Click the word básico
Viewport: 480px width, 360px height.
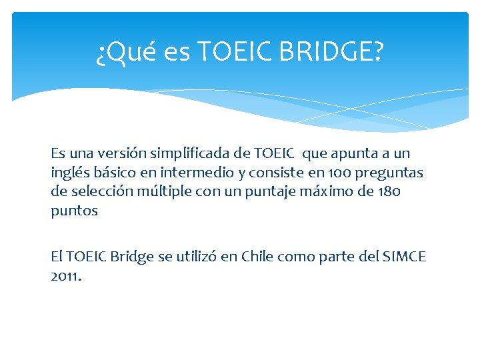pyautogui.click(x=114, y=173)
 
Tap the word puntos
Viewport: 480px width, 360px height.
pyautogui.click(x=75, y=211)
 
